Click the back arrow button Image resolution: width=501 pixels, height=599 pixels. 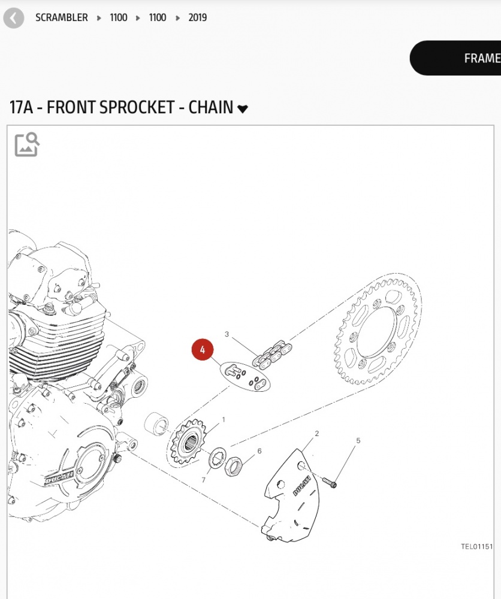(x=13, y=18)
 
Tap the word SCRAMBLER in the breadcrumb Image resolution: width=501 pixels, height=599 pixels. (x=61, y=18)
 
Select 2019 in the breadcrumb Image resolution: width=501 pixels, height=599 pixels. (x=197, y=18)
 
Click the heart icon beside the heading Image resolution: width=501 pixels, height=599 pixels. (x=243, y=108)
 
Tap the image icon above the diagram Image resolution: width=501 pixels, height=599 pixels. (x=27, y=144)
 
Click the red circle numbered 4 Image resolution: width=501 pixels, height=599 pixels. (x=203, y=350)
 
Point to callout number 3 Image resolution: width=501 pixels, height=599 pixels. (x=227, y=334)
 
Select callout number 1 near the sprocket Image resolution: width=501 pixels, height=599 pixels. (x=224, y=420)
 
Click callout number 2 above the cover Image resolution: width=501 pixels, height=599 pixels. (x=317, y=434)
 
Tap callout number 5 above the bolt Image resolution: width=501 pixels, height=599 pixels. (x=358, y=441)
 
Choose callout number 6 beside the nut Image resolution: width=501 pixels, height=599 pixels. (x=259, y=451)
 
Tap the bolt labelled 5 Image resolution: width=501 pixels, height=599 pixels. (x=329, y=481)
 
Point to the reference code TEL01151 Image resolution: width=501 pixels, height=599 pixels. (x=476, y=546)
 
